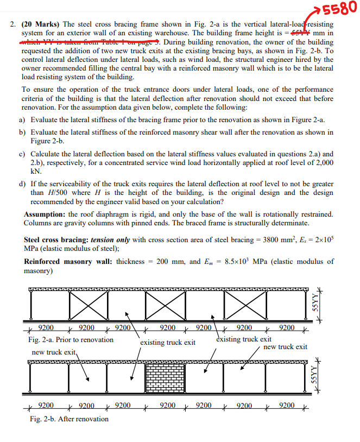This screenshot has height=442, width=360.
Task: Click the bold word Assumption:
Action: pyautogui.click(x=45, y=214)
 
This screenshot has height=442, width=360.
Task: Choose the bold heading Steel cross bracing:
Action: pyautogui.click(x=56, y=240)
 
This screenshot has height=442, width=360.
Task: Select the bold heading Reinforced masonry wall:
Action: pyautogui.click(x=68, y=262)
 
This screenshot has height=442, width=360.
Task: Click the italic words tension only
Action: pyautogui.click(x=111, y=240)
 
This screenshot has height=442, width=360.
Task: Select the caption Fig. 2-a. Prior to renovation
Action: pyautogui.click(x=71, y=339)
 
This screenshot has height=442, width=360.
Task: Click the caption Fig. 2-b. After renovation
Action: pyautogui.click(x=69, y=419)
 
